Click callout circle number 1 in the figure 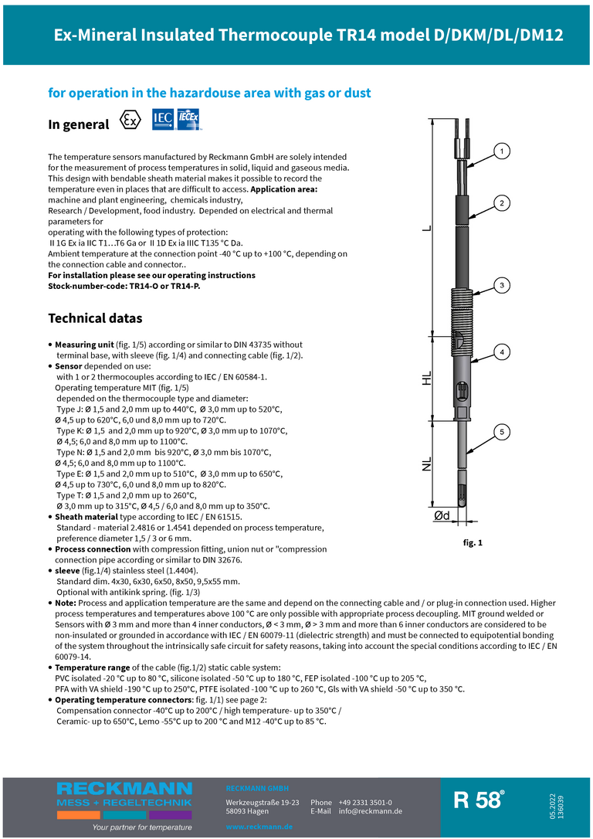tap(501, 151)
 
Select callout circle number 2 tap(501, 203)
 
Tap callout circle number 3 tap(501, 285)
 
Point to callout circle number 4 tap(501, 352)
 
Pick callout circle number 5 tap(501, 432)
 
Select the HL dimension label tap(427, 380)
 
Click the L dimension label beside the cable tap(427, 229)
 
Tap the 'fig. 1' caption tap(473, 543)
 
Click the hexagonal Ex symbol tap(131, 121)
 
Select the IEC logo tap(163, 119)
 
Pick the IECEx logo tap(189, 119)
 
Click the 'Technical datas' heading tap(95, 318)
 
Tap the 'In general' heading tap(79, 124)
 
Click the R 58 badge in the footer tap(479, 800)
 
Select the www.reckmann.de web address tap(259, 827)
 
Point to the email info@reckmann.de tap(371, 811)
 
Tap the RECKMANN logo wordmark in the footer tap(124, 789)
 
